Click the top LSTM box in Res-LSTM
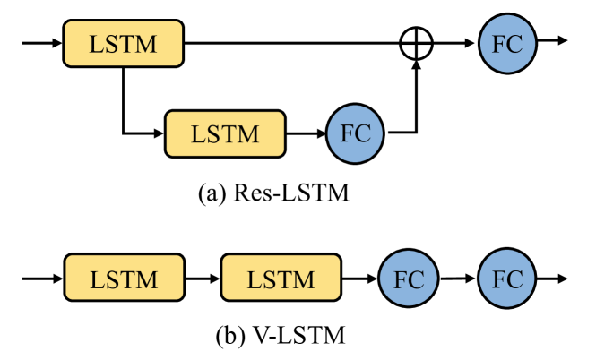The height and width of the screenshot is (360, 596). coord(123,42)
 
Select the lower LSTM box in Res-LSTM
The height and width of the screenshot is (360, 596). coord(224,133)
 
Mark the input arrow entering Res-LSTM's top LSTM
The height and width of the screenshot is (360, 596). coord(40,42)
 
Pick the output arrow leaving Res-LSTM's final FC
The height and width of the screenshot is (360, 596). coord(552,42)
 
